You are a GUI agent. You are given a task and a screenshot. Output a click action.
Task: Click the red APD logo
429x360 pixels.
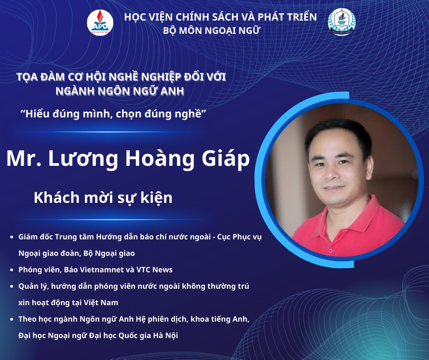(x=100, y=22)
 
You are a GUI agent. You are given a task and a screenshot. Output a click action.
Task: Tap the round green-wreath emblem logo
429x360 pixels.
(x=341, y=22)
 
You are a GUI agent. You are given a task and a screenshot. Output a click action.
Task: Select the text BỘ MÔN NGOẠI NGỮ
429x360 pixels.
(x=211, y=31)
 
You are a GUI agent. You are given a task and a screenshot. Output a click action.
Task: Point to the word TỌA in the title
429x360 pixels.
(x=26, y=77)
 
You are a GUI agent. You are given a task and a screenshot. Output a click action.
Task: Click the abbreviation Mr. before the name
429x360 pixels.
(x=24, y=159)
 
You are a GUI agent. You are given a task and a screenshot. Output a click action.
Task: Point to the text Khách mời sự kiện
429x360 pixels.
(x=103, y=198)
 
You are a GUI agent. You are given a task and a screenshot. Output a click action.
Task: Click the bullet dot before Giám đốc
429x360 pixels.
(x=11, y=237)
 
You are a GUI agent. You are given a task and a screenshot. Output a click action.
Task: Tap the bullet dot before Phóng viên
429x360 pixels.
(x=11, y=270)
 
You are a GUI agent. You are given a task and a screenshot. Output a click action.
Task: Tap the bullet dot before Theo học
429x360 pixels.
(x=11, y=319)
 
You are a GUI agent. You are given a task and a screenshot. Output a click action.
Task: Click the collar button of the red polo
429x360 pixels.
(x=331, y=250)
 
